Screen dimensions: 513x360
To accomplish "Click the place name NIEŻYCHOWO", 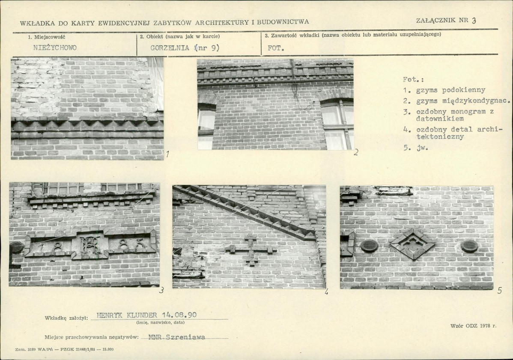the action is [x=55, y=48].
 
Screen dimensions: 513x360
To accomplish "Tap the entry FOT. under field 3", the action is [x=276, y=48].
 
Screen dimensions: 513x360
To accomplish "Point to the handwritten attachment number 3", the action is [x=474, y=20].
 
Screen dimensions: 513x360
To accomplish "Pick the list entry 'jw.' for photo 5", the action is [x=422, y=148].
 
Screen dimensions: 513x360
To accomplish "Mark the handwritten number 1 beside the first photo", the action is [x=167, y=154].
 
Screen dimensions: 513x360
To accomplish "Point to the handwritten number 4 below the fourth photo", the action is [x=326, y=292].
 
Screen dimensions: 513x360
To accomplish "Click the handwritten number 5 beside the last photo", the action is [x=499, y=290].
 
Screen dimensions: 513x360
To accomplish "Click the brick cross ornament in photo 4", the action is [x=251, y=250].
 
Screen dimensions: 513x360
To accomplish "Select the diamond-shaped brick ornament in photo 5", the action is [x=412, y=244].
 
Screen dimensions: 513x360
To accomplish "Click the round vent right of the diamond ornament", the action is [x=469, y=246].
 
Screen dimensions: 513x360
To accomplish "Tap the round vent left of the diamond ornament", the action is [x=370, y=245].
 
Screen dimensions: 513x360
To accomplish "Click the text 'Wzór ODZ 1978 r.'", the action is [x=473, y=326].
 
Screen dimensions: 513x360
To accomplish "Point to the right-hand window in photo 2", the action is [x=337, y=124].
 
